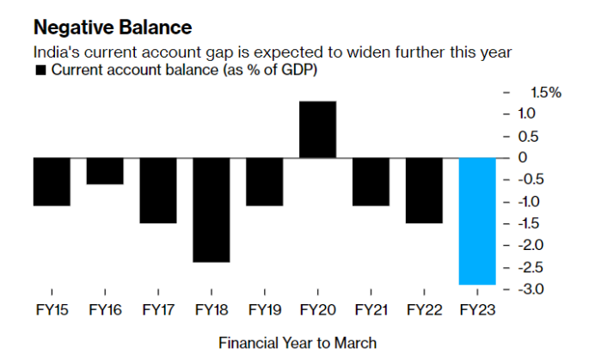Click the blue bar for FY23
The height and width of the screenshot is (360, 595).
[x=477, y=221]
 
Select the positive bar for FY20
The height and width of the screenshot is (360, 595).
[x=317, y=130]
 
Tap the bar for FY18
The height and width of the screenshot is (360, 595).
[x=211, y=210]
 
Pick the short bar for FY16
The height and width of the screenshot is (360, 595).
[x=104, y=171]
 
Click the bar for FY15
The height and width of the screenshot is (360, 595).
[x=52, y=181]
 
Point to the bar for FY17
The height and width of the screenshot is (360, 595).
[x=158, y=190]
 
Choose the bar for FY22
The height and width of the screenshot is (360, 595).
[x=424, y=190]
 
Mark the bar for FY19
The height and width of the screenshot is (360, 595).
[x=264, y=181]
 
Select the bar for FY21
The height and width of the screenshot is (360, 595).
[x=371, y=181]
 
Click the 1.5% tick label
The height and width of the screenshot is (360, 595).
[x=542, y=92]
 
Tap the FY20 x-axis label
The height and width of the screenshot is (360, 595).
[x=317, y=308]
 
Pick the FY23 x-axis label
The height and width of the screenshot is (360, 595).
[x=477, y=308]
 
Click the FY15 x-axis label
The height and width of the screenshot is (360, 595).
[x=52, y=308]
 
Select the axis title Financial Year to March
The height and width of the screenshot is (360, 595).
[x=297, y=343]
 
